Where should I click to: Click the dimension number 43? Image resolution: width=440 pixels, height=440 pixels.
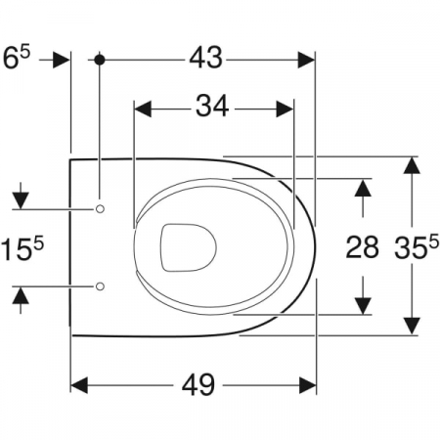pos(206,58)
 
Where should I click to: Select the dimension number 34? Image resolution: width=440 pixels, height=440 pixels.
pos(212,107)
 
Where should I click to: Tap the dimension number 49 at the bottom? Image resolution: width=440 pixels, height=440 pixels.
pos(198,384)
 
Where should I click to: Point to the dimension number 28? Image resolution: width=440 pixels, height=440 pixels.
pos(362,247)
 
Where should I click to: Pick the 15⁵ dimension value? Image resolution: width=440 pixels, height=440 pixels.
pos(22,248)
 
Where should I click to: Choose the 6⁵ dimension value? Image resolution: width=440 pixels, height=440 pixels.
pos(16,58)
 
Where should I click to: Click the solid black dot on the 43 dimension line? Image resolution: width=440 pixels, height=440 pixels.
pos(100,60)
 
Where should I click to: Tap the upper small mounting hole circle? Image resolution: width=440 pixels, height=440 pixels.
pos(100,209)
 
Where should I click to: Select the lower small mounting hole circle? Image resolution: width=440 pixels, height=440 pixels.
pos(100,286)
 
